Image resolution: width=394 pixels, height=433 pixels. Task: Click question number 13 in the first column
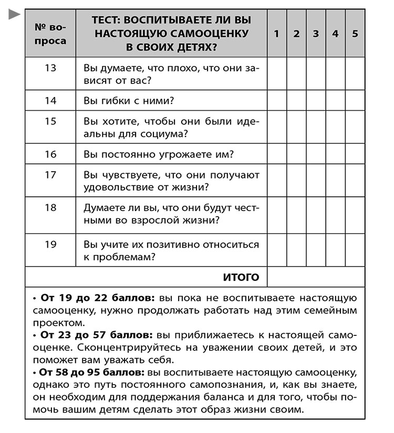click(50, 68)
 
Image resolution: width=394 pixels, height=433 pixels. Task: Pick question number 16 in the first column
click(50, 154)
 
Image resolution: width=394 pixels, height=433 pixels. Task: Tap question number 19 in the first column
click(50, 245)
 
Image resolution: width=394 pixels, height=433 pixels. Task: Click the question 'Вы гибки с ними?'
click(129, 100)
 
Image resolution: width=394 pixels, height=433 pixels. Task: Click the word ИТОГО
click(241, 277)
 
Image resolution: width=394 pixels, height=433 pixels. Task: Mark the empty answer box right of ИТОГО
click(316, 277)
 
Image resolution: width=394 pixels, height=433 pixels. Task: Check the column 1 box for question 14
click(277, 100)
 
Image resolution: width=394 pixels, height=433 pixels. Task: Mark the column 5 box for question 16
click(355, 154)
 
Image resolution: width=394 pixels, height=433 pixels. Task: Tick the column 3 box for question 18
click(316, 214)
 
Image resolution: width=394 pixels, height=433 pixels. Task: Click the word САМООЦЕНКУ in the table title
click(210, 34)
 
